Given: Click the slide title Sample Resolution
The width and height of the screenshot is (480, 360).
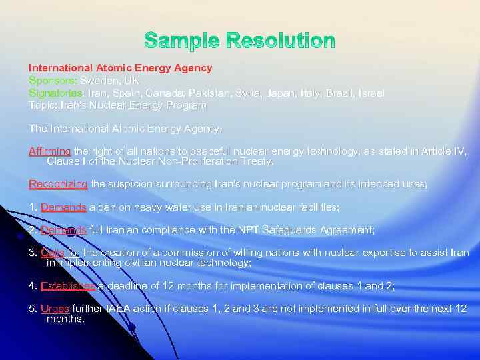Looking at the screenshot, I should coord(240,41).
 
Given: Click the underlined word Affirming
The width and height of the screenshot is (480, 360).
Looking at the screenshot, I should coord(49,151).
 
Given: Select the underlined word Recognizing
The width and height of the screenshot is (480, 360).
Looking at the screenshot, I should coord(58,183).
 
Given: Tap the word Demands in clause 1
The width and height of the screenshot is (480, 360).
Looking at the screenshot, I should coord(63,207).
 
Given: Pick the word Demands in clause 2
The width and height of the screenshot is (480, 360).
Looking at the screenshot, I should coord(63,230).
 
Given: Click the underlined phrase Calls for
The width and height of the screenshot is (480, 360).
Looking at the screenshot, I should coord(61,253).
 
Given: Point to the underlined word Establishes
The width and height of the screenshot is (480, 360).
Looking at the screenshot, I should coord(68,286).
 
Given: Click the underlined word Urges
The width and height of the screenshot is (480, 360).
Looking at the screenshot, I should coord(55,309).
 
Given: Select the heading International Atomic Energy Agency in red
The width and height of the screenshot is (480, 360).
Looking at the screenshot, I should coord(120,68).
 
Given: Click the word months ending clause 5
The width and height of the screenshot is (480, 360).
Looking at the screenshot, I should coord(65,319).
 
